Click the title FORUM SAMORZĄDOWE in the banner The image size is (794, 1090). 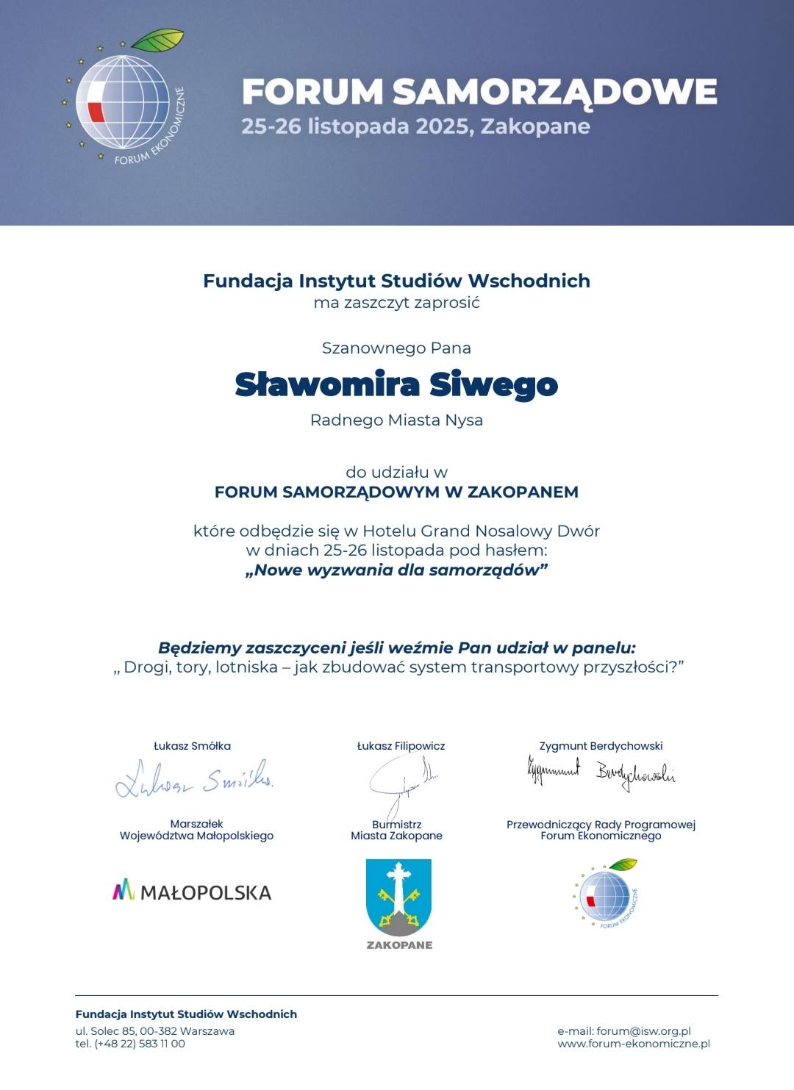[x=479, y=92]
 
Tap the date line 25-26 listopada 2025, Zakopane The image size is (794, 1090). [x=415, y=126]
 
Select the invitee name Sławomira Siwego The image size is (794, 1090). [x=396, y=384]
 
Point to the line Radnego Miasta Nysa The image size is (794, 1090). [x=396, y=420]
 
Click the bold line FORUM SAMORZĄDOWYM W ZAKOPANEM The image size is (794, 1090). [x=396, y=492]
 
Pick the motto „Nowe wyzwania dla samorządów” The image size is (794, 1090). [x=396, y=570]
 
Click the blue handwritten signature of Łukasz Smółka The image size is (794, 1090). [x=195, y=779]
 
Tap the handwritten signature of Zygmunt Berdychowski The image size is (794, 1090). [x=601, y=772]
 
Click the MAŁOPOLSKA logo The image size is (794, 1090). [x=192, y=892]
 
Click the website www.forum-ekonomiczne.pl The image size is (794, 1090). [x=634, y=1044]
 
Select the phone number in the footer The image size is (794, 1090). [x=130, y=1044]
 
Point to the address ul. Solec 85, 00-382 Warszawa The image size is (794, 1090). [x=155, y=1031]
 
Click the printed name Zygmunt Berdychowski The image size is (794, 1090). [x=601, y=746]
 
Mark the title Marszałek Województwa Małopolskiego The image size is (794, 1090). [x=196, y=830]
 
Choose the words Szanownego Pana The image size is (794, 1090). [x=396, y=348]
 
